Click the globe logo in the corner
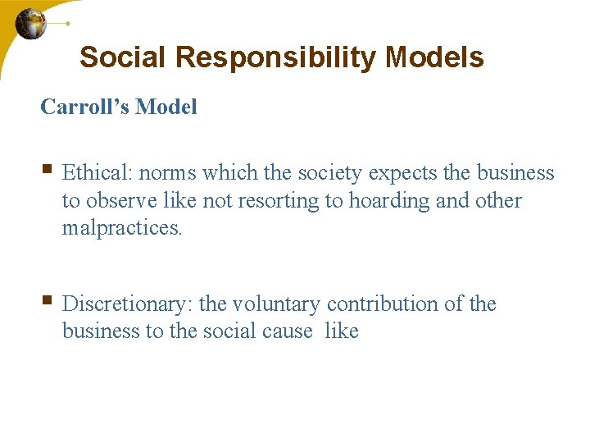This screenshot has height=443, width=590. (31, 23)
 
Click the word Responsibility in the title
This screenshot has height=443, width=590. (278, 57)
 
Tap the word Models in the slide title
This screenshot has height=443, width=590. (434, 57)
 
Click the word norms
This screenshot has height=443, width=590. (168, 173)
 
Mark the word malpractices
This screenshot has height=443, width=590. (121, 228)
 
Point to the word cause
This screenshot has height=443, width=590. (289, 331)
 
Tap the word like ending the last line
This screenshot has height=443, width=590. (342, 331)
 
